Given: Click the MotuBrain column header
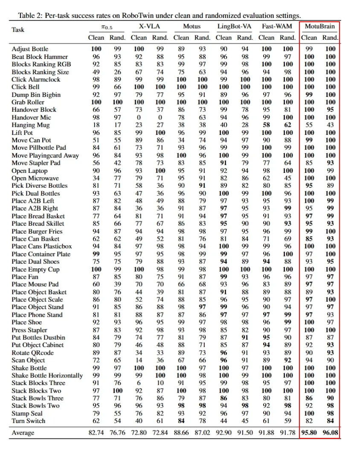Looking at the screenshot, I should tap(319, 26).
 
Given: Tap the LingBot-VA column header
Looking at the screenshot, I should tap(234, 26).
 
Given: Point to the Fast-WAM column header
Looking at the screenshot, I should tap(277, 26).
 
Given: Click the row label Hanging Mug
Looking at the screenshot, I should tap(30, 125).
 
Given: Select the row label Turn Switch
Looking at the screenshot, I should tap(28, 421).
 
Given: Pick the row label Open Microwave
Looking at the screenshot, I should tap(35, 178).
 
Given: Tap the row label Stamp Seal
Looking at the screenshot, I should tap(27, 413).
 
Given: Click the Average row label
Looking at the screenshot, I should tap(23, 433).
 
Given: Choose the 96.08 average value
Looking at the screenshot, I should tap(331, 433).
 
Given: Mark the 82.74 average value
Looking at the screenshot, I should tap(96, 433).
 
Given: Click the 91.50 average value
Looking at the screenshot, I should tap(245, 433).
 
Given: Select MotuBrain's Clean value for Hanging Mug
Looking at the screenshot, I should tap(309, 125).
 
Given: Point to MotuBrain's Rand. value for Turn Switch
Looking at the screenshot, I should tap(331, 421).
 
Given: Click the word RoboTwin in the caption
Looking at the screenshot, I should tap(134, 16).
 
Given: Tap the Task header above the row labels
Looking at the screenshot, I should tap(18, 30).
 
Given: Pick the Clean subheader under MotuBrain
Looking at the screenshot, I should tap(309, 38).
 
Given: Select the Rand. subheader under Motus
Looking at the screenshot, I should tap(203, 38).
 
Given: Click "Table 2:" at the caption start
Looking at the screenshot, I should tap(29, 16).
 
